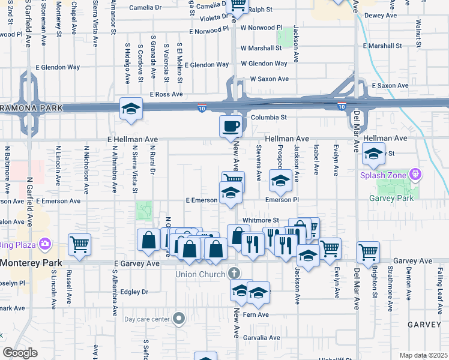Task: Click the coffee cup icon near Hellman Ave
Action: point(231,126)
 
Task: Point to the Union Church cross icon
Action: point(234,274)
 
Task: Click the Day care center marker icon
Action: point(179,319)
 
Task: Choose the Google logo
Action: point(20,353)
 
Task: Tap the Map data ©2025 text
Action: point(423,355)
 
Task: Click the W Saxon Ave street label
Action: point(270,79)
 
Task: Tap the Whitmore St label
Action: point(261,221)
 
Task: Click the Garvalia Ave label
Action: point(261,338)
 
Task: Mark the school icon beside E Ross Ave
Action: point(131,109)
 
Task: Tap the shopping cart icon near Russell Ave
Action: point(79,243)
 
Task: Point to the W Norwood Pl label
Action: point(261,28)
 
